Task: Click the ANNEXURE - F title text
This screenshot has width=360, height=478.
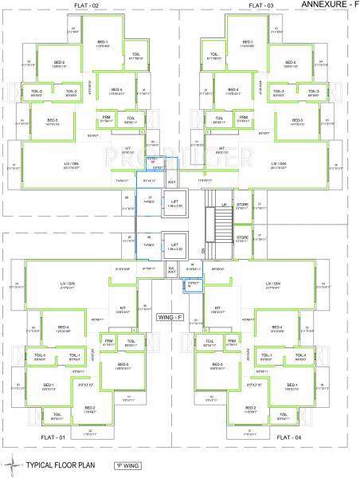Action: pyautogui.click(x=328, y=6)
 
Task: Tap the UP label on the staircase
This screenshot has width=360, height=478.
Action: pyautogui.click(x=224, y=206)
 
